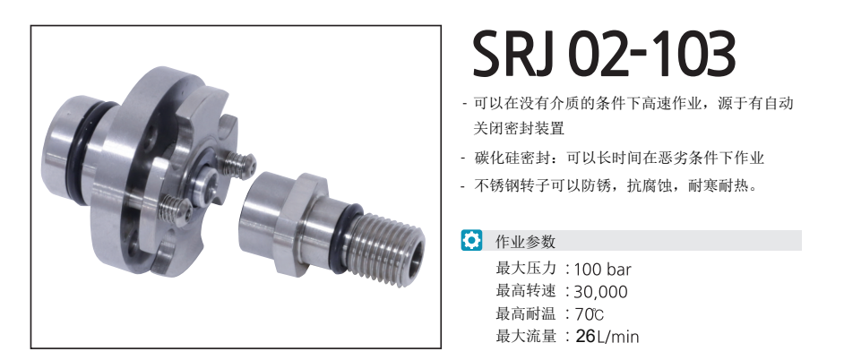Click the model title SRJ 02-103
click(x=603, y=55)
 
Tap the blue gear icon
click(x=471, y=240)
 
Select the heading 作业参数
click(x=525, y=241)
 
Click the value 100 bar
click(x=602, y=269)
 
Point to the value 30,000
click(x=600, y=292)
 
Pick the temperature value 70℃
click(x=590, y=313)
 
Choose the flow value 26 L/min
click(x=607, y=337)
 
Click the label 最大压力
click(x=525, y=268)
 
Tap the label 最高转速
click(x=525, y=290)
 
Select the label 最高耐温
click(x=525, y=313)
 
